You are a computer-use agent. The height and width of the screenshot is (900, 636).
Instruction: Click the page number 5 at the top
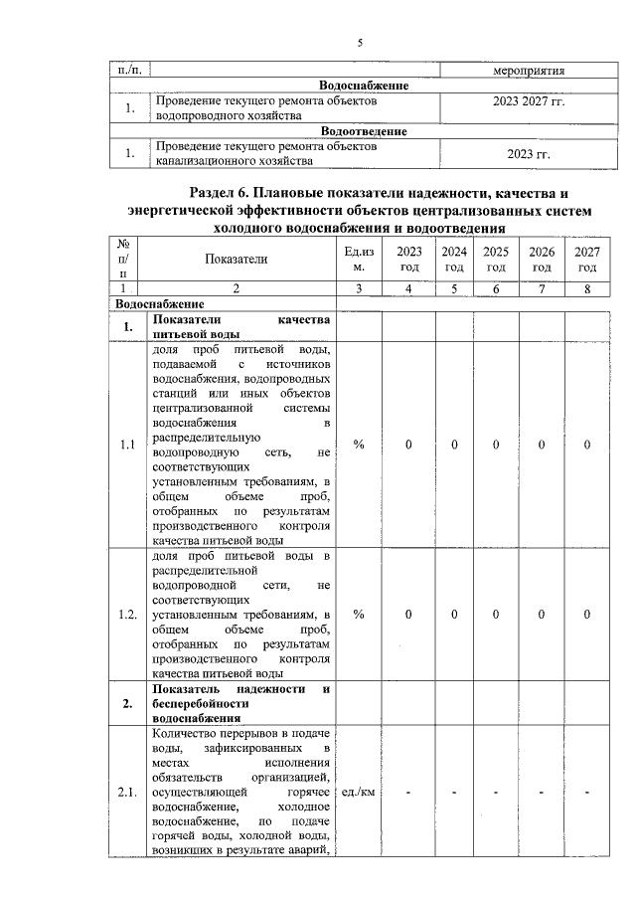(x=361, y=42)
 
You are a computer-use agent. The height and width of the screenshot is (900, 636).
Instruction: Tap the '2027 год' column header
(x=587, y=260)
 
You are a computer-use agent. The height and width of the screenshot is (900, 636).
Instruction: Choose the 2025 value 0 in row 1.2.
(x=496, y=615)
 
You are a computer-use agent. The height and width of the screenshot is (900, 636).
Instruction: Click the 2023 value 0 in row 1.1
(x=408, y=445)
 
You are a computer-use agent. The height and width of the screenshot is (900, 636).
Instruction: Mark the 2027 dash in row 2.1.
(x=587, y=792)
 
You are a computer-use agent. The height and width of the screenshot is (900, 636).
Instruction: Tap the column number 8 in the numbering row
(x=587, y=288)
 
